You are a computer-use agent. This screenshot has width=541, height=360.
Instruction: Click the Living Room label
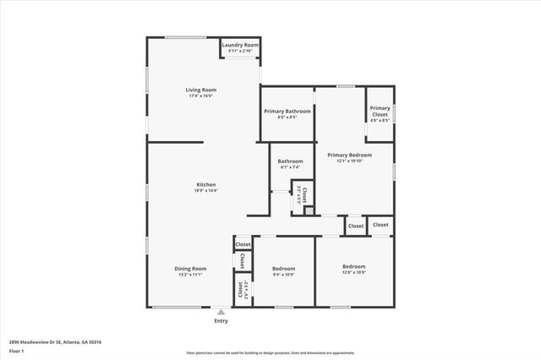tap(201, 90)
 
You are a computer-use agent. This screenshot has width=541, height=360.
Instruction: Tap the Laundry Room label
tap(241, 45)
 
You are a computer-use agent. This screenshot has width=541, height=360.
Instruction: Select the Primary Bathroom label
tap(287, 111)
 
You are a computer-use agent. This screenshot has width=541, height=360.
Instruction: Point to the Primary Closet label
tap(380, 108)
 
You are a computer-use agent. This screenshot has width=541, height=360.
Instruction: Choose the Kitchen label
tap(206, 184)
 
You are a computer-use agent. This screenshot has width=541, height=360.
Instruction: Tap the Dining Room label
tap(192, 268)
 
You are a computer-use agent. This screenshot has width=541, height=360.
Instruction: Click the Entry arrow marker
tap(221, 312)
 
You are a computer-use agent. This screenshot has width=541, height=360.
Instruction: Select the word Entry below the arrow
tap(221, 321)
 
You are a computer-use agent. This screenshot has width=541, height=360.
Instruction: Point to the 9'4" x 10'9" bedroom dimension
tap(283, 275)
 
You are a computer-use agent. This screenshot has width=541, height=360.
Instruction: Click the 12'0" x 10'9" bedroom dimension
tap(353, 272)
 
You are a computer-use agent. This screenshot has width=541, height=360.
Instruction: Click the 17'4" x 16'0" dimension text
tap(201, 95)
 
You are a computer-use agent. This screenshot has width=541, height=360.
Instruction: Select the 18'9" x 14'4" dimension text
tap(206, 190)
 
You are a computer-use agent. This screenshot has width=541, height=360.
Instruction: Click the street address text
tap(56, 341)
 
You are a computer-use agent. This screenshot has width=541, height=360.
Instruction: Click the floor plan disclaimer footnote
tap(270, 352)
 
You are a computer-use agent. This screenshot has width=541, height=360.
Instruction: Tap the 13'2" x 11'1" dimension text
tap(192, 275)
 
